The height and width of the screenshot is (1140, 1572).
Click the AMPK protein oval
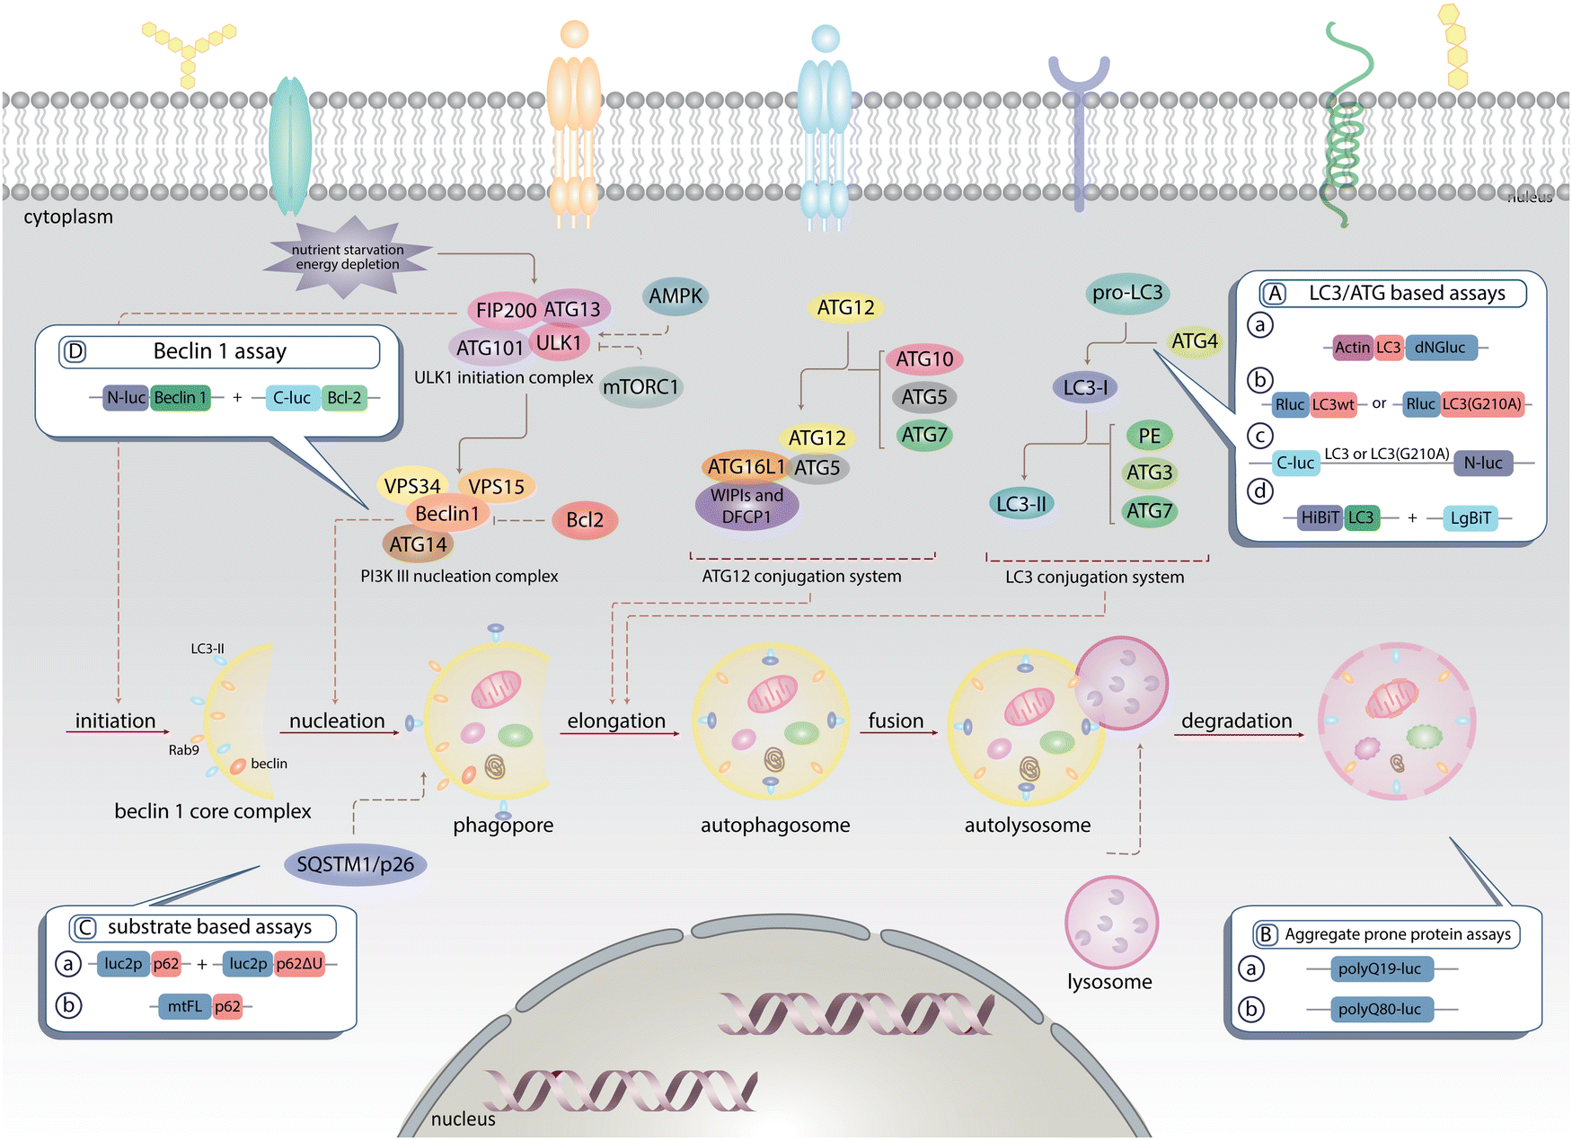coord(676,296)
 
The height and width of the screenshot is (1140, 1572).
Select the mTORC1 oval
coord(640,387)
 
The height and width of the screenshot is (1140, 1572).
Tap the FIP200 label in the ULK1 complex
coord(505,310)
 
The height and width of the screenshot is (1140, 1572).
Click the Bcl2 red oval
coord(585,520)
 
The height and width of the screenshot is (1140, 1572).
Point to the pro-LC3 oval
coord(1127,293)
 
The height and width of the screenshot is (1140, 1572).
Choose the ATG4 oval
coord(1194,341)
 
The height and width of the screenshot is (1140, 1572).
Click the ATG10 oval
coord(924,359)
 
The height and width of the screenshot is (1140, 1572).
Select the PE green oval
coord(1149,437)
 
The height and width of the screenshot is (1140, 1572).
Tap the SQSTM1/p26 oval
coord(355,864)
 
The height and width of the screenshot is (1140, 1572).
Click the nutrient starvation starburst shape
coord(348,257)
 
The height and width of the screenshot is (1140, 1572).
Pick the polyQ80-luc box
coord(1379,1010)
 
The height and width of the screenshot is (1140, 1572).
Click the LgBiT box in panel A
coord(1470,518)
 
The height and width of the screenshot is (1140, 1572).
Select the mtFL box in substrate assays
coord(184,1007)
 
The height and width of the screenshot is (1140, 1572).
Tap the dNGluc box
coord(1440,348)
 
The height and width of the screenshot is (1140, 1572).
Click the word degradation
coord(1236,720)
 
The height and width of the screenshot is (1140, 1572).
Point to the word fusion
coord(896,720)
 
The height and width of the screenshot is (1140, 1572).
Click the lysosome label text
coord(1109,982)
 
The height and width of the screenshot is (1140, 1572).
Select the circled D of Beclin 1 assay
coord(75,351)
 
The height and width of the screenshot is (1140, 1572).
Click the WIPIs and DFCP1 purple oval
coord(746,506)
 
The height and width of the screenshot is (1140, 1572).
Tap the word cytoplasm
coord(68,217)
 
